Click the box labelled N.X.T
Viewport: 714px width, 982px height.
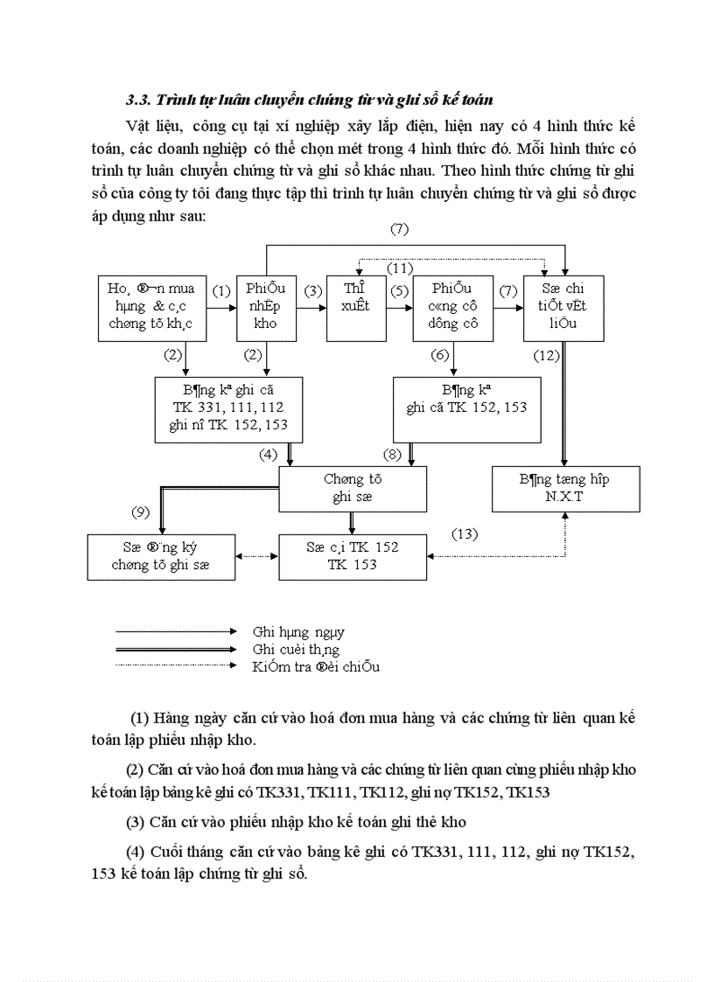click(565, 489)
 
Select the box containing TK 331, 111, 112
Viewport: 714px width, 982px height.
click(227, 407)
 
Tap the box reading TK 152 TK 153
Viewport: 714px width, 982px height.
click(353, 557)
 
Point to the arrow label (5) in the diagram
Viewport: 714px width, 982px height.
click(399, 290)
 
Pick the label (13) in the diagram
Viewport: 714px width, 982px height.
click(465, 533)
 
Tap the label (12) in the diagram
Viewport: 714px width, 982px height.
click(548, 355)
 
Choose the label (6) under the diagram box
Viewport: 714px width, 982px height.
click(440, 355)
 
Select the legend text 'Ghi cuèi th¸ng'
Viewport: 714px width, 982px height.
click(296, 649)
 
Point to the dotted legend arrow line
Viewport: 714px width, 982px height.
click(175, 665)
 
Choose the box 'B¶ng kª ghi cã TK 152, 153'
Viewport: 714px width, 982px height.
click(466, 408)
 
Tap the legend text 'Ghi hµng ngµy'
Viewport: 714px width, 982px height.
click(298, 631)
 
